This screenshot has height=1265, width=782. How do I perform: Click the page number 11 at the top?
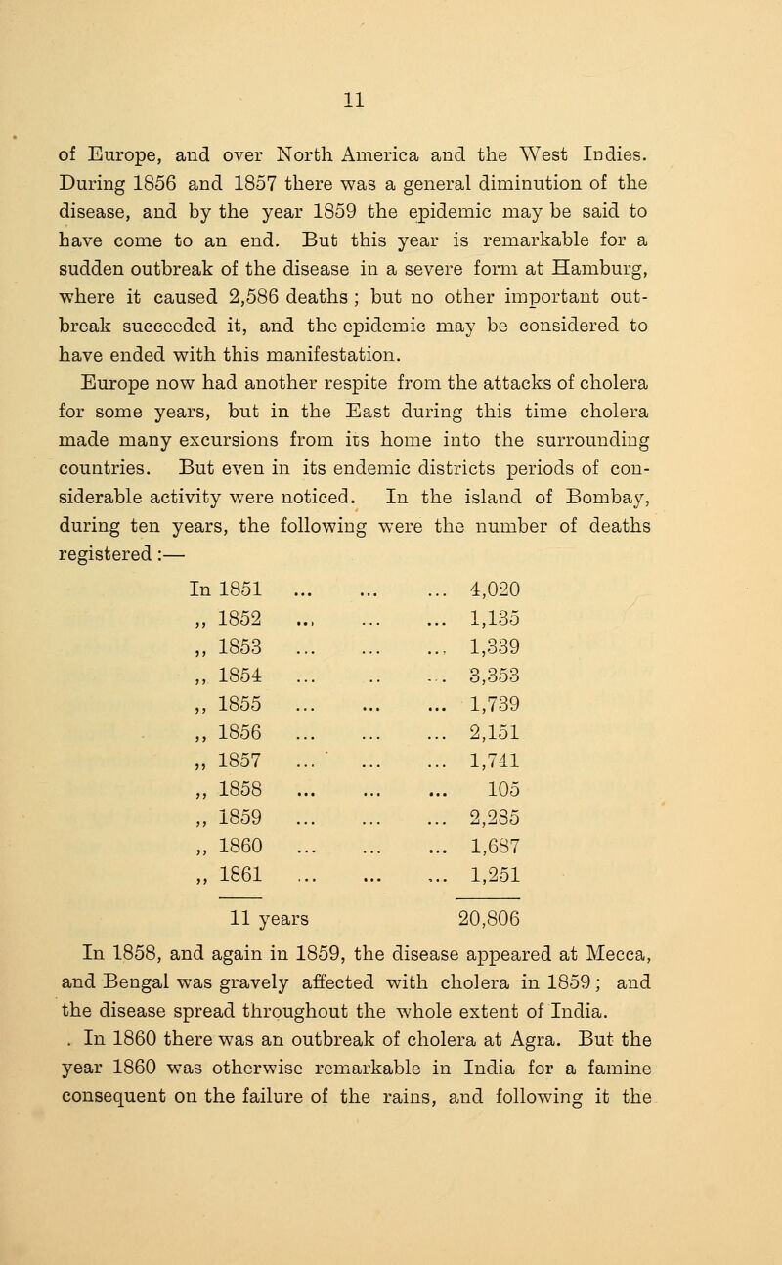click(391, 97)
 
